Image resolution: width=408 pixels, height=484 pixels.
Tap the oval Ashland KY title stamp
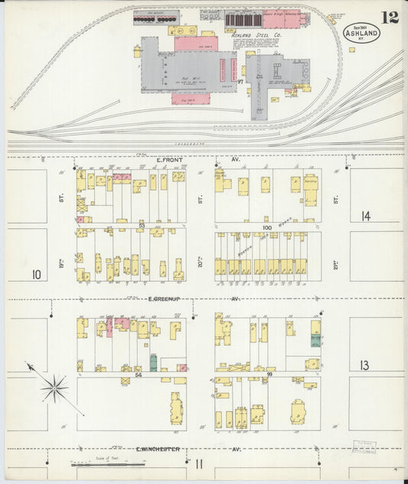(x=360, y=34)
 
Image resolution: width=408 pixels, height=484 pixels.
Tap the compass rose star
(x=54, y=388)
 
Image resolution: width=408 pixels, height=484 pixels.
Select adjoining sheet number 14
(x=366, y=217)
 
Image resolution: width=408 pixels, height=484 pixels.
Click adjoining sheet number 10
(x=36, y=273)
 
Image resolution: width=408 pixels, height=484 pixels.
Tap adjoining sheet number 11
(x=198, y=463)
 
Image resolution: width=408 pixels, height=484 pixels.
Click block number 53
(x=142, y=227)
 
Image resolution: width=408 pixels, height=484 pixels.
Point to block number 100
(x=267, y=227)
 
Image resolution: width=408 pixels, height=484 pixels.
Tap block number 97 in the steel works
(x=240, y=81)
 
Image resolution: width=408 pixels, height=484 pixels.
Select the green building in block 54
(x=153, y=362)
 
